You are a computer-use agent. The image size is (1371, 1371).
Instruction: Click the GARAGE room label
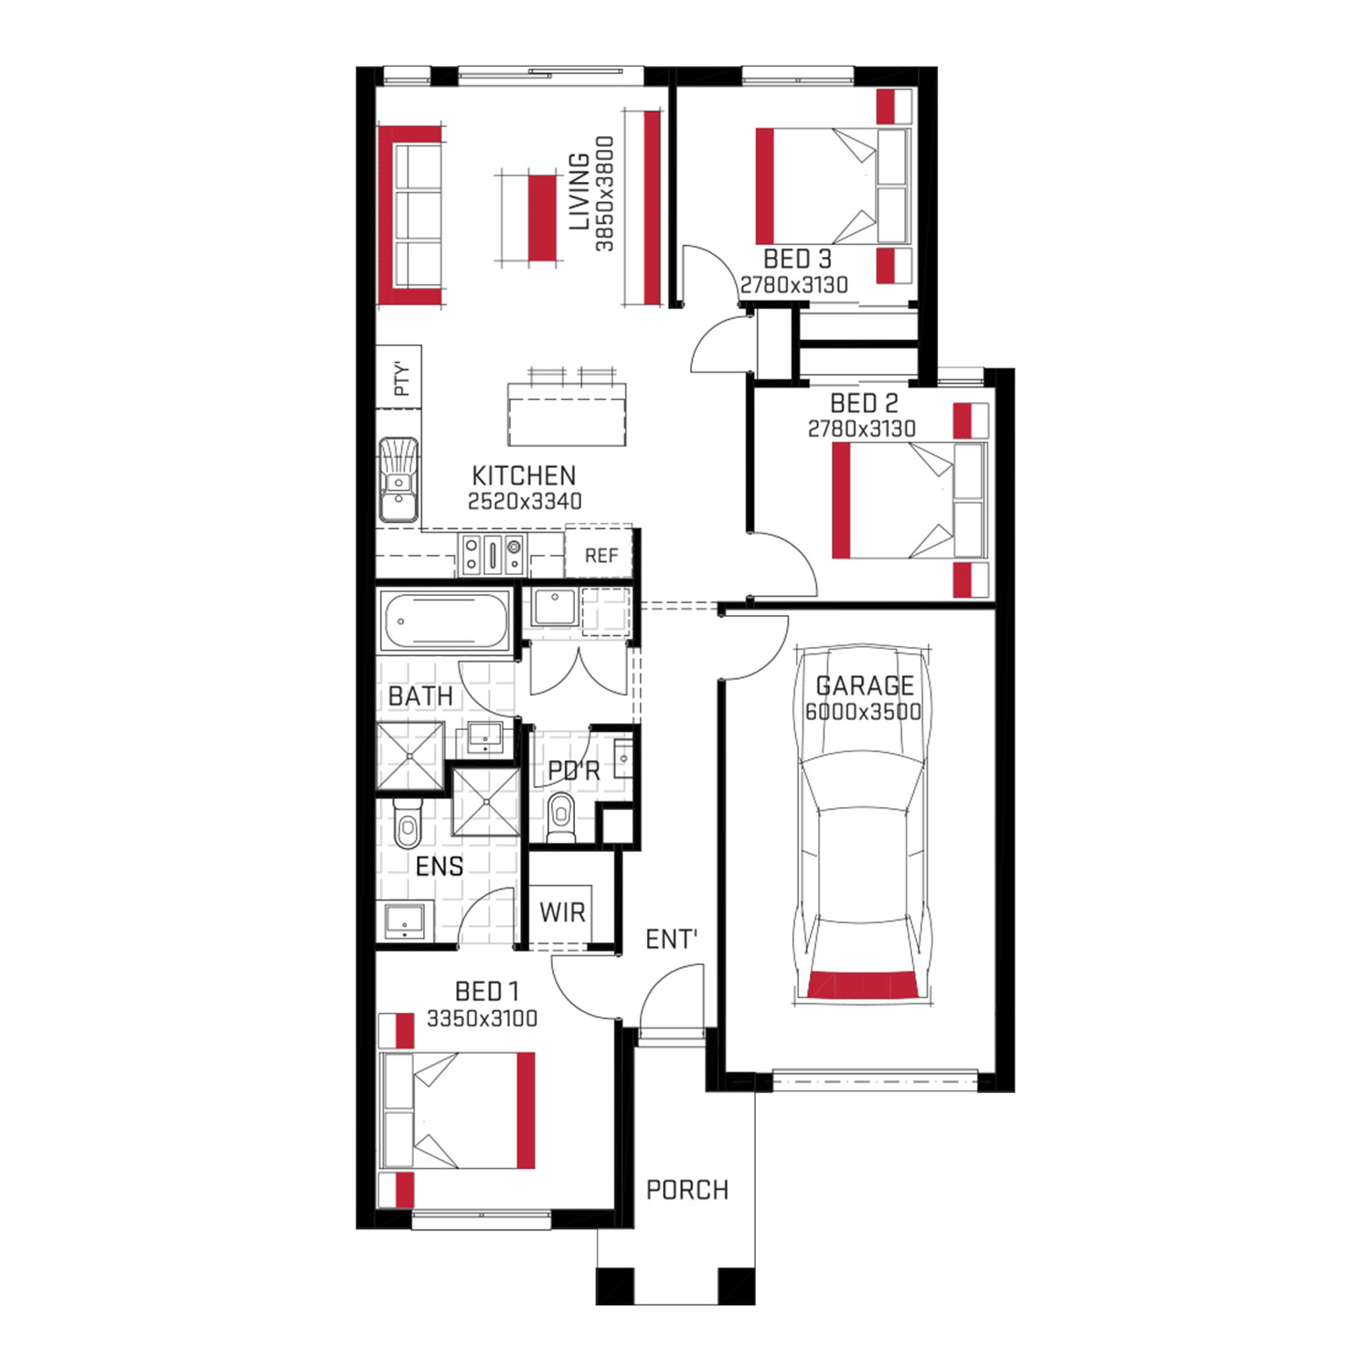click(865, 685)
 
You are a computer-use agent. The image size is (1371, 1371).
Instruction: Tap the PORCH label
click(687, 1190)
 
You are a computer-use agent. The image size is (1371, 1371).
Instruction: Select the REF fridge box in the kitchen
click(600, 551)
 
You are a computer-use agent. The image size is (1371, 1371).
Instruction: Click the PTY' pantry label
click(400, 377)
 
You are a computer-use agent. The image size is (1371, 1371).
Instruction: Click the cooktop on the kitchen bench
click(492, 554)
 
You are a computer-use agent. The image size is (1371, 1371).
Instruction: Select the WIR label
click(562, 912)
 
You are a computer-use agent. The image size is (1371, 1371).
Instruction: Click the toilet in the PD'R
click(560, 816)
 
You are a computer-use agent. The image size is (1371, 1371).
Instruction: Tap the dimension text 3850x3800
click(604, 194)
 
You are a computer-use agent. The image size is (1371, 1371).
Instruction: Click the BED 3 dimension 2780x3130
click(794, 285)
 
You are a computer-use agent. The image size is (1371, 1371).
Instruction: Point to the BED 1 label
click(486, 992)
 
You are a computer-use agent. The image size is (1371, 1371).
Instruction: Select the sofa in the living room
click(411, 216)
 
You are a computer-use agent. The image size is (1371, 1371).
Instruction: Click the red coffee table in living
click(542, 217)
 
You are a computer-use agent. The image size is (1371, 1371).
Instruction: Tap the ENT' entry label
click(672, 940)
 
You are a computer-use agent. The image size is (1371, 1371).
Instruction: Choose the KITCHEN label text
click(524, 475)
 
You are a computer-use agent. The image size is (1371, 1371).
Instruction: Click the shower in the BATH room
click(411, 755)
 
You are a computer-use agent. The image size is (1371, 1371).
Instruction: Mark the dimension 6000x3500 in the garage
click(863, 712)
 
